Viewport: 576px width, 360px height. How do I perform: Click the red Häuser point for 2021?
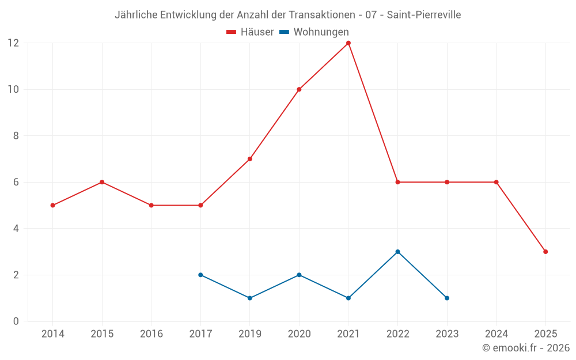[x=348, y=43]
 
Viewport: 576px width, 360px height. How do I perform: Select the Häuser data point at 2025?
[x=545, y=252]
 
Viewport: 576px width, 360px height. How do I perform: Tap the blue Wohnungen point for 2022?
[x=397, y=252]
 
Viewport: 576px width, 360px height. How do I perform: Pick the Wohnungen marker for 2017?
[x=200, y=275]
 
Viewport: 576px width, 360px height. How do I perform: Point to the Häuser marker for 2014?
[x=53, y=205]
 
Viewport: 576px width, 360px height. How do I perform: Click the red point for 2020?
[x=299, y=89]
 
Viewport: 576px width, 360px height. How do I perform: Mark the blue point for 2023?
[x=447, y=298]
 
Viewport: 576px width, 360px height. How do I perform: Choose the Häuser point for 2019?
[x=250, y=159]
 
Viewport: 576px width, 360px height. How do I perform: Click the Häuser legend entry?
[x=250, y=32]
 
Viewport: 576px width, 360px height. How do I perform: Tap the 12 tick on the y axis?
[x=13, y=43]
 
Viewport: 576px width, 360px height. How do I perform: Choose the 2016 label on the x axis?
[x=151, y=334]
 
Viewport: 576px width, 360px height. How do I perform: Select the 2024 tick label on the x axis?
[x=496, y=334]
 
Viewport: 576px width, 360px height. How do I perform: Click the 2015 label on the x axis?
[x=102, y=334]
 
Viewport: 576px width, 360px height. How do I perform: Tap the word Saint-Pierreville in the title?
[x=424, y=15]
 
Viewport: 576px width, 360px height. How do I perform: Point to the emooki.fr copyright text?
[x=526, y=348]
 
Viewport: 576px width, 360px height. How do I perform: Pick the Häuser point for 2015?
[x=102, y=182]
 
